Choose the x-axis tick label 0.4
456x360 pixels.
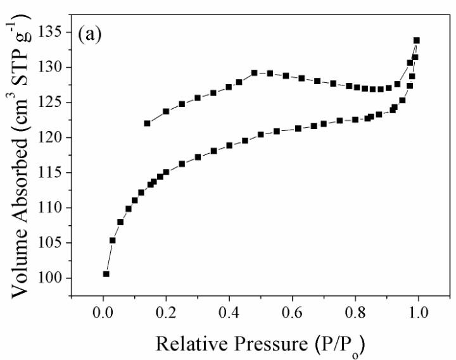[x=229, y=313]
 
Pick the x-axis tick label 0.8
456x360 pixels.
[x=355, y=313]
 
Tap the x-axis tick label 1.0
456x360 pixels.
[x=417, y=313]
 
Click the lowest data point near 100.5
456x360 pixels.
[x=106, y=274]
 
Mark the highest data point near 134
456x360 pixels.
[x=416, y=40]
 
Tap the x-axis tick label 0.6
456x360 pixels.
[x=292, y=313]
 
